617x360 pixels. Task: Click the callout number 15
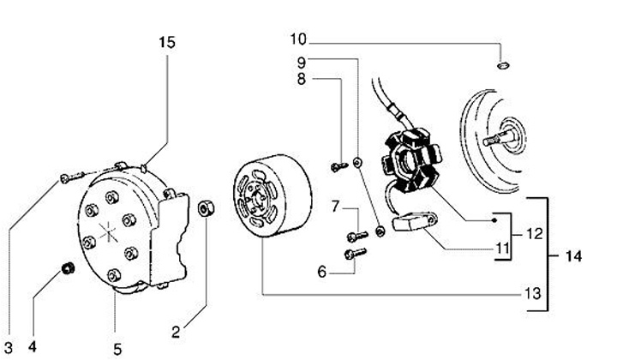click(167, 43)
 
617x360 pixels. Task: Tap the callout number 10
click(298, 39)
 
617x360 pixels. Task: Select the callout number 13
click(533, 293)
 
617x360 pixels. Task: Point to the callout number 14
click(573, 256)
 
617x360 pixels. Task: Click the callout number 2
click(176, 332)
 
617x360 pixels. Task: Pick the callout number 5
click(117, 349)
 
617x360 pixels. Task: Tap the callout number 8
click(302, 80)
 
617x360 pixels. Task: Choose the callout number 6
click(322, 272)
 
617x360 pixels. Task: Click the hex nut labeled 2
click(206, 208)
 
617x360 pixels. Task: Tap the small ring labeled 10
click(502, 65)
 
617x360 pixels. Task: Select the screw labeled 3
click(72, 177)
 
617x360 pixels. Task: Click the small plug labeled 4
click(69, 269)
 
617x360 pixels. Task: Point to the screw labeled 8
click(338, 167)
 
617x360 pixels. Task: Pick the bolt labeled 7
click(357, 236)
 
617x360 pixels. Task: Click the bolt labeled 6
click(355, 254)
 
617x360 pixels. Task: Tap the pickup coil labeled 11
click(414, 222)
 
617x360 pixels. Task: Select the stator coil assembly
click(411, 160)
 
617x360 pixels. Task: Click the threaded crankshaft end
click(495, 140)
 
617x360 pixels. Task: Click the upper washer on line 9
click(357, 162)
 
